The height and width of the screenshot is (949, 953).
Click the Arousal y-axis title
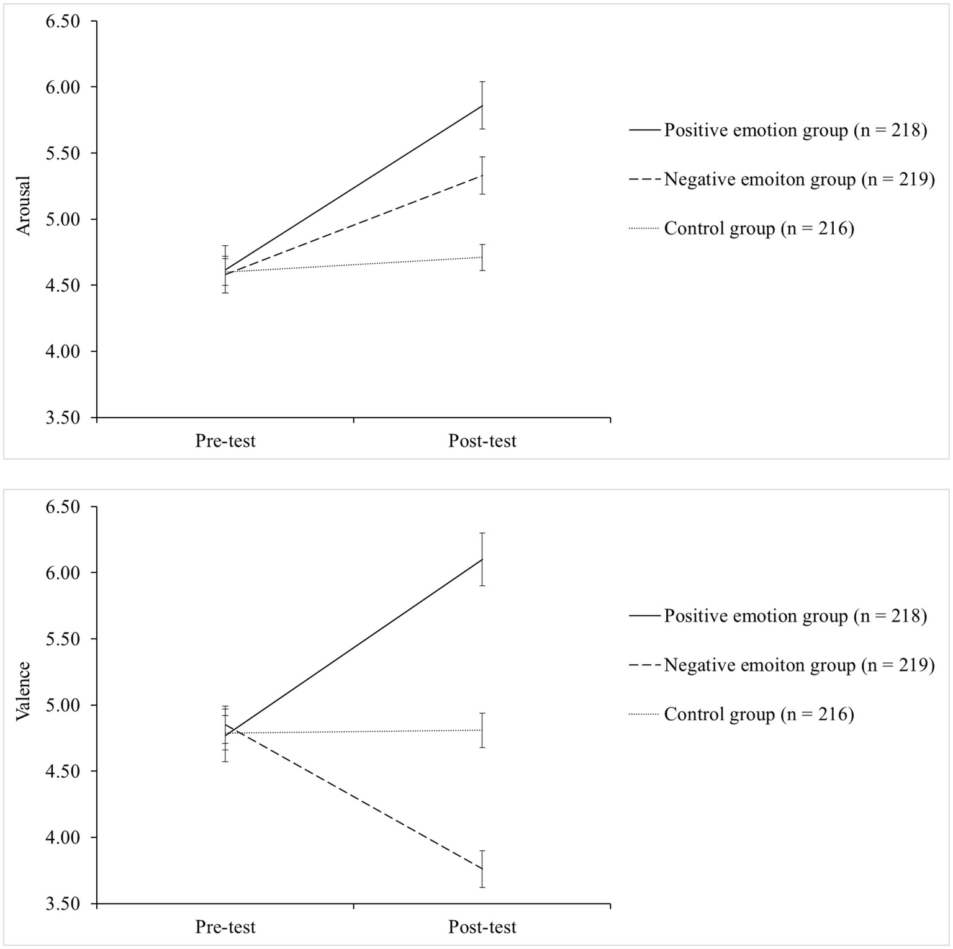point(24,206)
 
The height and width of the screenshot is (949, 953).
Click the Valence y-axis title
point(24,691)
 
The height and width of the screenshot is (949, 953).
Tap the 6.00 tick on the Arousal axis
point(63,88)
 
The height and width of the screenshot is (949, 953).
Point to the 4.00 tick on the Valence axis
point(63,837)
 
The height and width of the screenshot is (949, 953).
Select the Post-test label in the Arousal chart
point(482,441)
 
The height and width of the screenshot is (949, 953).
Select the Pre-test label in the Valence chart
point(225,927)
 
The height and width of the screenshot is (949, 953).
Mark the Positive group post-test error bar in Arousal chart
point(482,105)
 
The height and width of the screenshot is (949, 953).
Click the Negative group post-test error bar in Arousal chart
point(482,176)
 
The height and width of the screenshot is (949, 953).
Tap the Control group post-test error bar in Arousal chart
point(482,257)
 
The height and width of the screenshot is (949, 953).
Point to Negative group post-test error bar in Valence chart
point(482,869)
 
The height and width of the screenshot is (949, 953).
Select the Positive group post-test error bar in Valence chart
point(482,559)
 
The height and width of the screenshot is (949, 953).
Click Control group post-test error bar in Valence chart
point(482,730)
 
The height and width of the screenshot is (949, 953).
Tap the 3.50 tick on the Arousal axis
point(63,418)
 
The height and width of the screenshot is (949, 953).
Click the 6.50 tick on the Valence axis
point(63,507)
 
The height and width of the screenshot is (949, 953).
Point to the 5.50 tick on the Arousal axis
point(63,153)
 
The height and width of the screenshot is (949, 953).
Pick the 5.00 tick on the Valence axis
point(63,706)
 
